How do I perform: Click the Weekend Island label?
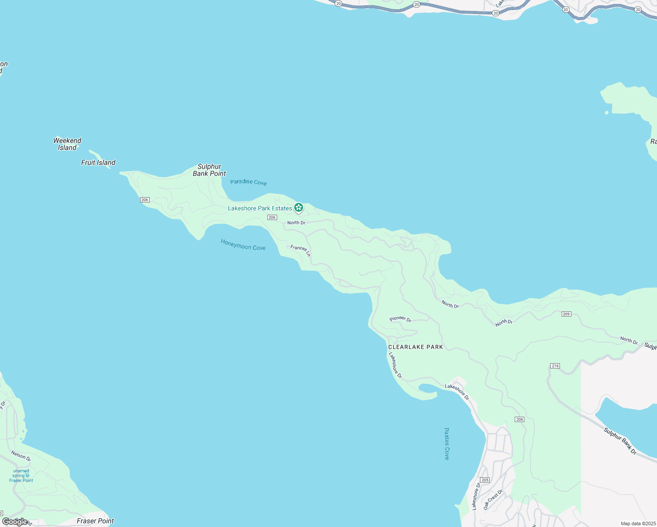click(67, 144)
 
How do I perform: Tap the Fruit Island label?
click(98, 162)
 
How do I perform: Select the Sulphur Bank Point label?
click(209, 170)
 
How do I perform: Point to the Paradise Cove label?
click(248, 182)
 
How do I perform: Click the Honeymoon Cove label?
click(243, 245)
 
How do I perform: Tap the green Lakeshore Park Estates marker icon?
click(299, 207)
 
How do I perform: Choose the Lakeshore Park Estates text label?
click(260, 208)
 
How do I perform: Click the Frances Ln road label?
click(300, 250)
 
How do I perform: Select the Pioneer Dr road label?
click(400, 319)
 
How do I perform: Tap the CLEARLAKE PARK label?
click(415, 347)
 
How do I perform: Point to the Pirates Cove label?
click(447, 444)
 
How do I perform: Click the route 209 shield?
click(566, 314)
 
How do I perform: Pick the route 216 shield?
click(555, 366)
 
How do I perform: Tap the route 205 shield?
click(485, 480)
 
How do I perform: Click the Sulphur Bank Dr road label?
click(620, 441)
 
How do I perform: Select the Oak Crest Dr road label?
click(493, 499)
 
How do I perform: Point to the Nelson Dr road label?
click(21, 455)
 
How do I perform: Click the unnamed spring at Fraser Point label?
click(21, 476)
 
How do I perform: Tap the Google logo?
click(14, 522)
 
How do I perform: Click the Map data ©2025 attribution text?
click(638, 523)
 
